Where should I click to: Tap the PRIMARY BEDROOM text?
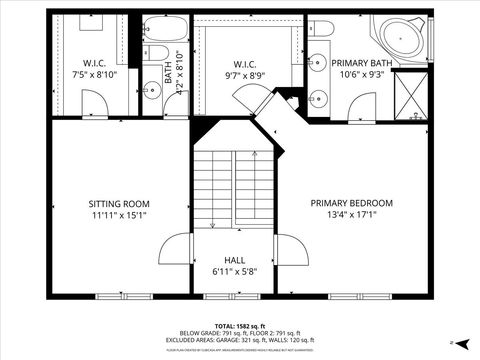pos(351,202)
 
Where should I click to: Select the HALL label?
pos(235,258)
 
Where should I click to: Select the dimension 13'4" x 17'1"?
pos(351,214)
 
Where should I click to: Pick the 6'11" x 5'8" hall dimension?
pos(235,270)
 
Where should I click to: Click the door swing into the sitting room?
pos(175,251)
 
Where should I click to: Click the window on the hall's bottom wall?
pos(236,296)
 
